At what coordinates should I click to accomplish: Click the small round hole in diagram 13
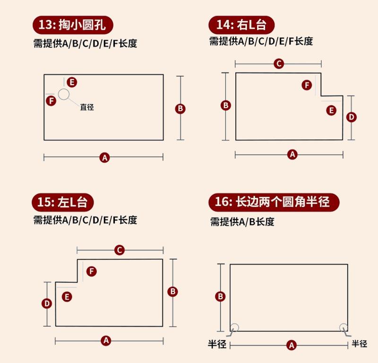(x=64, y=94)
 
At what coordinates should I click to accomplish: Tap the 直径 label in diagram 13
(x=87, y=107)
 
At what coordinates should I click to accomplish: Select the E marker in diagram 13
(x=71, y=82)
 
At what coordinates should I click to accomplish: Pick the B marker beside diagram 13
(x=180, y=109)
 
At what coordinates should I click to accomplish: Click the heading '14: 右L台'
(x=241, y=25)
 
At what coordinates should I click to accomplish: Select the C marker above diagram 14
(x=279, y=63)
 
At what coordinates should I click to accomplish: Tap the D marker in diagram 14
(x=351, y=117)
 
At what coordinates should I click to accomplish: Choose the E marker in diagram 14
(x=332, y=110)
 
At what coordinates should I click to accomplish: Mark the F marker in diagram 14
(x=307, y=85)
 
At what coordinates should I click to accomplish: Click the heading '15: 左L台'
(x=63, y=203)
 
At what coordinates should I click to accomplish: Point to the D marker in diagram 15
(x=46, y=303)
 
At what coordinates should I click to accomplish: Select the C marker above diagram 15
(x=120, y=250)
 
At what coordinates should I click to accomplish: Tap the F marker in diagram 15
(x=92, y=271)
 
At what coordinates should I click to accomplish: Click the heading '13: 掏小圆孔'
(x=73, y=25)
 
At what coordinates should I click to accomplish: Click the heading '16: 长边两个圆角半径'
(x=274, y=203)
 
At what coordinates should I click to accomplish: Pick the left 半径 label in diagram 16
(x=215, y=344)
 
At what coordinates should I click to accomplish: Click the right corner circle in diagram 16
(x=344, y=327)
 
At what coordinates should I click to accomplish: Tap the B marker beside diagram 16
(x=220, y=297)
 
